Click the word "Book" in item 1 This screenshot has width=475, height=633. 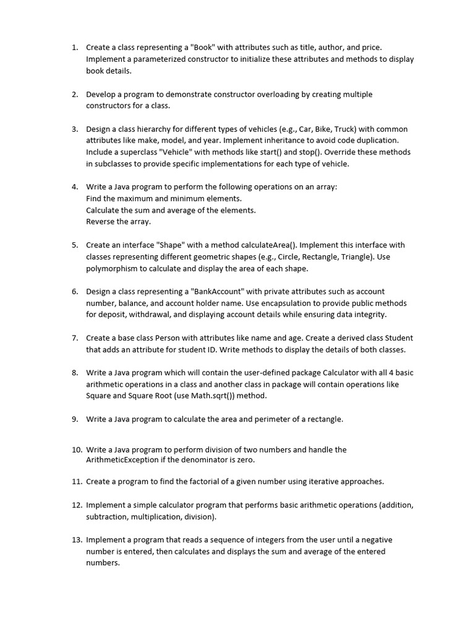click(203, 47)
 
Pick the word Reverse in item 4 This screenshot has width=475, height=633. click(100, 221)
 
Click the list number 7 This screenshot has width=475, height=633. click(74, 338)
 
